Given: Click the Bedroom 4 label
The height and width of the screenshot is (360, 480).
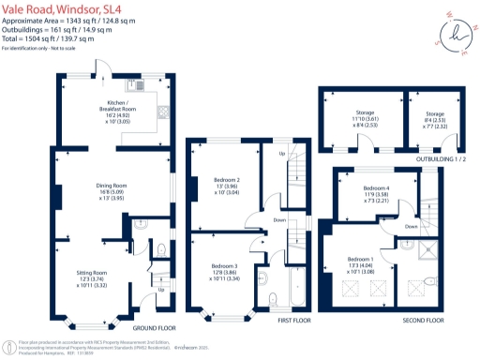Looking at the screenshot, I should [376, 193].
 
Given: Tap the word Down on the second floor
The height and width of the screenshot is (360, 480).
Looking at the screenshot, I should [411, 226].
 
